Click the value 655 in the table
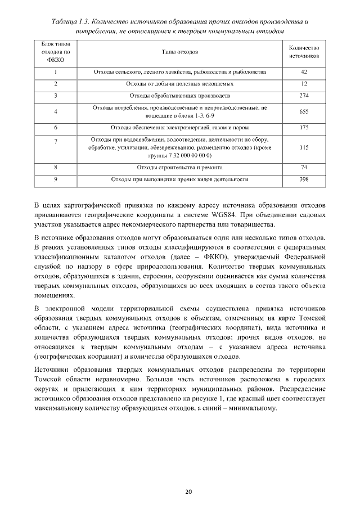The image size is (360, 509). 304,111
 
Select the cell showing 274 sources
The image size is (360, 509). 304,96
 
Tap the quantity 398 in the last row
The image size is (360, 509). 304,179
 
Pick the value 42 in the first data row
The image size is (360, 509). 304,72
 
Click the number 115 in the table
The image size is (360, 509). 304,147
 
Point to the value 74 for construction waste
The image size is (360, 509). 304,168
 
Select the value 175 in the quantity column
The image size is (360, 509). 304,128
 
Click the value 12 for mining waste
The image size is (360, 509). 304,84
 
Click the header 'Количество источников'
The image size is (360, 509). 304,52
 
